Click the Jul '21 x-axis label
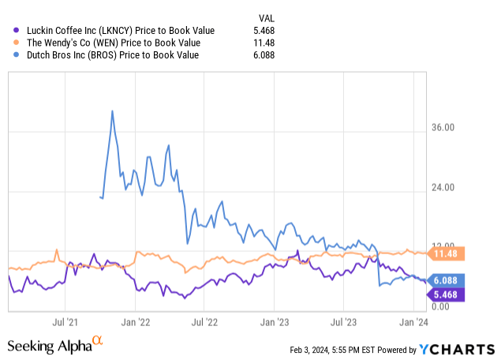(69, 322)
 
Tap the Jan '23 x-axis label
(274, 322)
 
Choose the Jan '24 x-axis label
(412, 322)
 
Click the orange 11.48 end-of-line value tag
(447, 253)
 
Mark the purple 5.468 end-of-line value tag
(447, 294)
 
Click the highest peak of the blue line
(112, 111)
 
